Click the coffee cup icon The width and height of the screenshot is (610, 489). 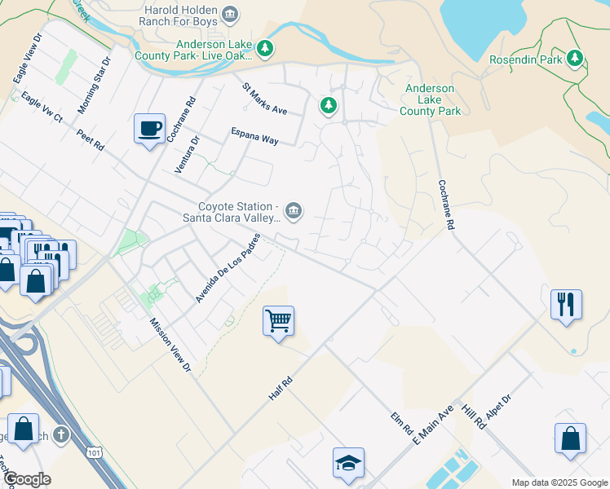tap(149, 129)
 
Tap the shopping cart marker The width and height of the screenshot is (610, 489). tap(278, 321)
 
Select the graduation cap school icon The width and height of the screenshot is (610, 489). tap(348, 463)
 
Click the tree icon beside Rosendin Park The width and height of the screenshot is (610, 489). tap(576, 59)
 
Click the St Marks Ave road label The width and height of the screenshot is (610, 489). tap(264, 98)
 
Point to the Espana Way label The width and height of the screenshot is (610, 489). tap(254, 135)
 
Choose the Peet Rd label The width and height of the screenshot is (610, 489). tap(90, 139)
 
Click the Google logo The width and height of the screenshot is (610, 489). tap(26, 479)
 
